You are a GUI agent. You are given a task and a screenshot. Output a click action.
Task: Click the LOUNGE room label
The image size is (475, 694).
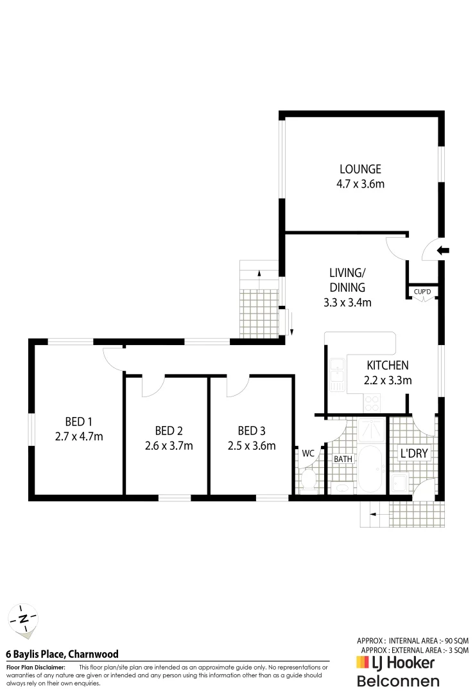tap(360, 170)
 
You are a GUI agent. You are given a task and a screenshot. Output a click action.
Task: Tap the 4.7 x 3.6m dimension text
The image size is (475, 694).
tap(360, 184)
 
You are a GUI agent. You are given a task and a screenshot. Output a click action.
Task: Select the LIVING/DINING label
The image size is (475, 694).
tap(347, 280)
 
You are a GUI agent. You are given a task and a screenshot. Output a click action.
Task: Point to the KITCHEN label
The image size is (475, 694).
tap(388, 366)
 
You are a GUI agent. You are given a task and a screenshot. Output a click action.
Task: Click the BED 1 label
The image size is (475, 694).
tap(79, 422)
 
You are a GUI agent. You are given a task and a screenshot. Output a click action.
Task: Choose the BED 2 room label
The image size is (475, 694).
tap(169, 431)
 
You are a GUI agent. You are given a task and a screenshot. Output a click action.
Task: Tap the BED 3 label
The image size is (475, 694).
tap(251, 431)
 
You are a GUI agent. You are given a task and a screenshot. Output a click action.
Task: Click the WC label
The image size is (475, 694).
tap(308, 453)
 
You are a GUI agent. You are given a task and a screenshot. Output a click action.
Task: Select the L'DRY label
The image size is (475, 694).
tap(413, 453)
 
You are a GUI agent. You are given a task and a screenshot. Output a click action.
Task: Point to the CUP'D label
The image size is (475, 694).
tap(422, 292)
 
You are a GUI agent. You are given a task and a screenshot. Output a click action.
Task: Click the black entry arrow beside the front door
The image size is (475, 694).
tap(444, 250)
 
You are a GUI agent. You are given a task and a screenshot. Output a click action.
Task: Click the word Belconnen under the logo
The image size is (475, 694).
tap(398, 681)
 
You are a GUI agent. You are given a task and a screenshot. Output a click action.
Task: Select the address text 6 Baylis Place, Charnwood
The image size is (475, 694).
tap(62, 654)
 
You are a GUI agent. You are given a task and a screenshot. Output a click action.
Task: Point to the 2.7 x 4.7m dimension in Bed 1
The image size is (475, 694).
tap(79, 437)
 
